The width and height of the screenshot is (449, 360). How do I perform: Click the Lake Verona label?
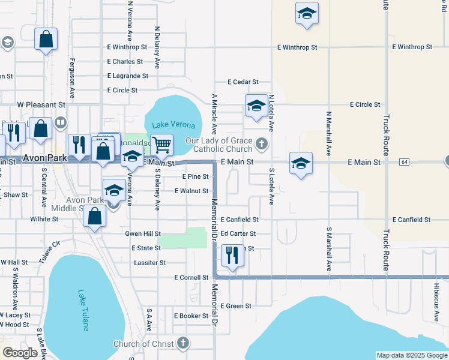tap(173, 125)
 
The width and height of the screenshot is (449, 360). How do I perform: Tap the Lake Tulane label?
tap(83, 311)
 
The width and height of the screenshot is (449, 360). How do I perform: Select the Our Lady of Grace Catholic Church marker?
tap(261, 143)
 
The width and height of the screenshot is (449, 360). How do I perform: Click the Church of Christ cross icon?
tap(183, 344)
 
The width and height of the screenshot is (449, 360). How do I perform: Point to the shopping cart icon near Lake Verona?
tap(161, 144)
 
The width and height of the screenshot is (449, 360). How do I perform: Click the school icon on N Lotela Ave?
tap(256, 107)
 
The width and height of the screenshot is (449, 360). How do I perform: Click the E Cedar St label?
tap(243, 82)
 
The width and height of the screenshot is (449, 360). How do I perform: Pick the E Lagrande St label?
tap(127, 76)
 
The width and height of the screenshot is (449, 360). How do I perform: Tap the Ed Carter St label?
tap(238, 234)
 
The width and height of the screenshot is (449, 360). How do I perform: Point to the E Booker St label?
tap(191, 316)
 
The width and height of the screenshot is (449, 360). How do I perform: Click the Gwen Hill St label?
tap(143, 233)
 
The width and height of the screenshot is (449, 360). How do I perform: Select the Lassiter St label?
tap(150, 263)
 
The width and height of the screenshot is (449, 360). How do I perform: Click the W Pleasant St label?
tap(41, 104)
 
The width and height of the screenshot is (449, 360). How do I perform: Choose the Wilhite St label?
tap(44, 220)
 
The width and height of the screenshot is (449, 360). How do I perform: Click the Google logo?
tap(20, 353)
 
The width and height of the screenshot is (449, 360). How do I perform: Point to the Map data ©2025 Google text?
tap(411, 355)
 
